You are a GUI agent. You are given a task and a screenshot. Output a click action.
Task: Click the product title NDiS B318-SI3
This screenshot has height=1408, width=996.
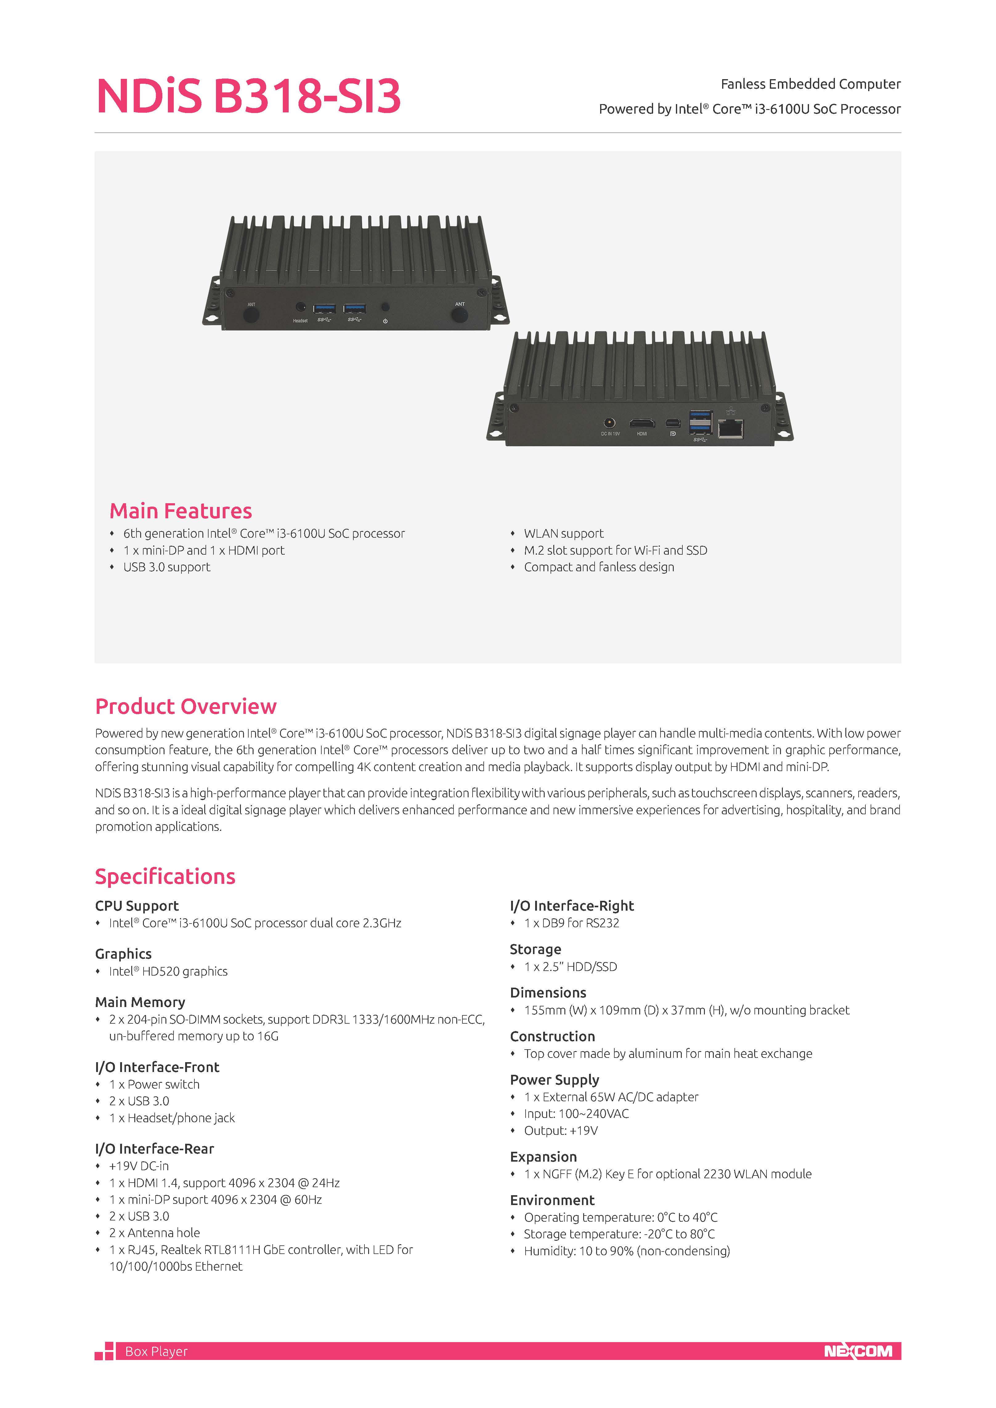tap(248, 96)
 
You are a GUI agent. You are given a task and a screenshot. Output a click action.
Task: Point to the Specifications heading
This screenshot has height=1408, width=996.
tap(165, 876)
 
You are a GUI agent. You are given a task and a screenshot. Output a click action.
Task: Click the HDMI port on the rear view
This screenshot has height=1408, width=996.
tap(641, 423)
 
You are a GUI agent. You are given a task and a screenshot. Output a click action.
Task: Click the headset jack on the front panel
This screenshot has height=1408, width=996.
tap(300, 307)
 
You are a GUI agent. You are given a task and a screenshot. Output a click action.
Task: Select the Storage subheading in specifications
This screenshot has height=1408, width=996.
tap(535, 949)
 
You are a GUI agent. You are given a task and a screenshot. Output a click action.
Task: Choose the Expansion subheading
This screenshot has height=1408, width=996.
tap(543, 1157)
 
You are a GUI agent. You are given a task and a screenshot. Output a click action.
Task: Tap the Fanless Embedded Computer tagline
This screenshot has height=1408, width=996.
tap(810, 84)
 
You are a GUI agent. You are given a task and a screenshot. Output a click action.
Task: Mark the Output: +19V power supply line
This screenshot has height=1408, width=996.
tap(561, 1130)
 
